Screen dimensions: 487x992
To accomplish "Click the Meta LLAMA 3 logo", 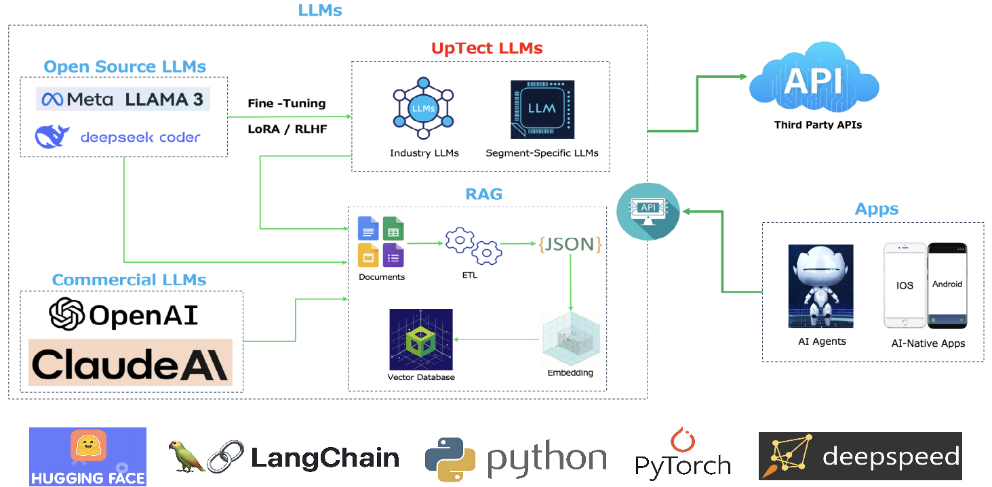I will click(x=123, y=99).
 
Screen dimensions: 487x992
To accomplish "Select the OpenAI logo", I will click(x=123, y=314).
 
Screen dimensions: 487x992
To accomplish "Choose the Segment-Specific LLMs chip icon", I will click(x=542, y=109).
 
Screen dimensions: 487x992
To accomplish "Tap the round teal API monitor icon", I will click(x=648, y=211).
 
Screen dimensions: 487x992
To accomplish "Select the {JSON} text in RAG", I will click(x=570, y=245).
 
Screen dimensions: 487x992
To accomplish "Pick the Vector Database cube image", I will click(x=420, y=339).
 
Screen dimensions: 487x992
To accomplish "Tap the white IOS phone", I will click(x=905, y=285).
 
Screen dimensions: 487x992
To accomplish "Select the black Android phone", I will click(x=947, y=285).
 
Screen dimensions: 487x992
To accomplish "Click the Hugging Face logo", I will click(x=87, y=456).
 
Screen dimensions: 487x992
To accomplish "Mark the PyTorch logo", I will click(x=682, y=454).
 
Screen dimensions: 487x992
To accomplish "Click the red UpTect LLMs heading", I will click(x=487, y=49).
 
